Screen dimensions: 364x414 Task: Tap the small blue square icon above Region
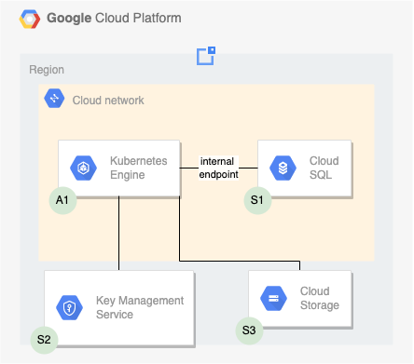coord(206,56)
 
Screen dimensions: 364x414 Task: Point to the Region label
coord(47,70)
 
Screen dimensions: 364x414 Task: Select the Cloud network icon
coord(54,99)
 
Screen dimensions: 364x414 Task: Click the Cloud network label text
coord(108,100)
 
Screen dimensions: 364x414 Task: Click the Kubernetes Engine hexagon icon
coord(83,169)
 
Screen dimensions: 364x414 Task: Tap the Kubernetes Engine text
coord(139,168)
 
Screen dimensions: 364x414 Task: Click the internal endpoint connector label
coord(218,168)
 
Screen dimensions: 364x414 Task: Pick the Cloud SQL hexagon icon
coord(282,169)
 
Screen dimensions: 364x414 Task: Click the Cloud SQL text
coord(324,168)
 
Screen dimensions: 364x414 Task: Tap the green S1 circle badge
coord(256,199)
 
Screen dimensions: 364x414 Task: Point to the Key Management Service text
coord(140,307)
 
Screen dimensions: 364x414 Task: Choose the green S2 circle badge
coord(45,339)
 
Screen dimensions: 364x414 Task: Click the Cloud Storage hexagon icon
coord(273,298)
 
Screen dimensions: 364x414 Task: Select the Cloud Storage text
coord(320,298)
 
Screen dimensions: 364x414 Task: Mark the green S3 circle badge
coord(249,330)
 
